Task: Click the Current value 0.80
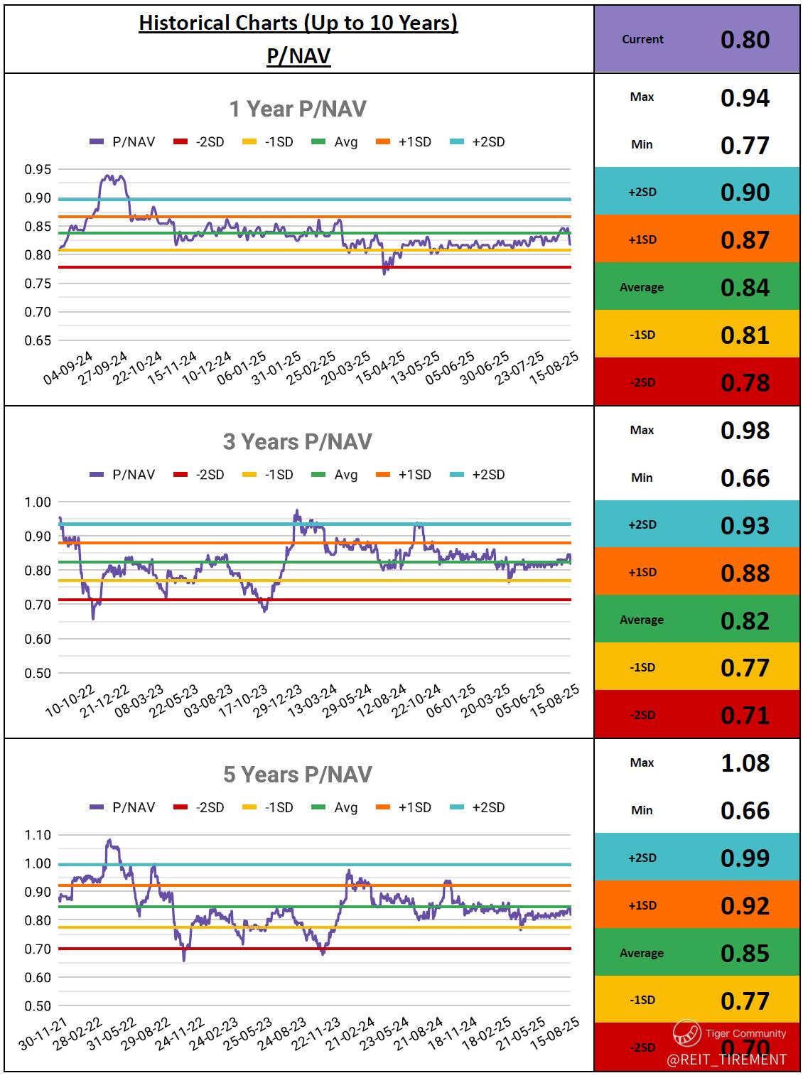(745, 40)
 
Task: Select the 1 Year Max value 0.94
(745, 97)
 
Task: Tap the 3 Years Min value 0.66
(745, 478)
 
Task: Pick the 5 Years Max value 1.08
(745, 762)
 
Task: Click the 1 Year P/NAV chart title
(298, 109)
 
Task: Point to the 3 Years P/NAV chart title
(298, 441)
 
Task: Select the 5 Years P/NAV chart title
(298, 774)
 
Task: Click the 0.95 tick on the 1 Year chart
(38, 169)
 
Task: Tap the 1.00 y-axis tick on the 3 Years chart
(38, 502)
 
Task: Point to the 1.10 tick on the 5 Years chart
(38, 835)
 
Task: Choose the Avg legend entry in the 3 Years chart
(335, 475)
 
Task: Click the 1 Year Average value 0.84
(745, 287)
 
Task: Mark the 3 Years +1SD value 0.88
(745, 573)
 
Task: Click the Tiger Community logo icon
(687, 1033)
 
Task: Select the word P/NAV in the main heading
(298, 55)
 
